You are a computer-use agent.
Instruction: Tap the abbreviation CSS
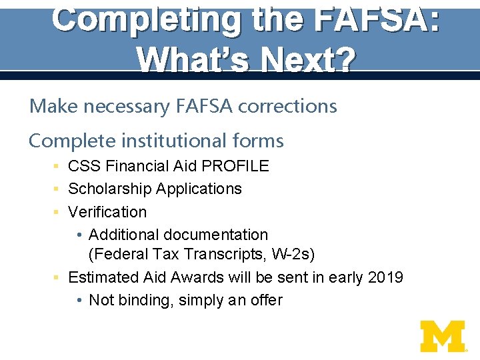pyautogui.click(x=83, y=166)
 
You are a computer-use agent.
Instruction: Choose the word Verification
pyautogui.click(x=107, y=212)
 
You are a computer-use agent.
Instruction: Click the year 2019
pyautogui.click(x=385, y=277)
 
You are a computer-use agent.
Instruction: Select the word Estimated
pyautogui.click(x=103, y=277)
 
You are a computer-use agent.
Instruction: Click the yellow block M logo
pyautogui.click(x=443, y=336)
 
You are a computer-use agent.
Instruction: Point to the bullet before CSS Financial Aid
pyautogui.click(x=58, y=166)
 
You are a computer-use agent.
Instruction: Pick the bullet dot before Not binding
pyautogui.click(x=79, y=301)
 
